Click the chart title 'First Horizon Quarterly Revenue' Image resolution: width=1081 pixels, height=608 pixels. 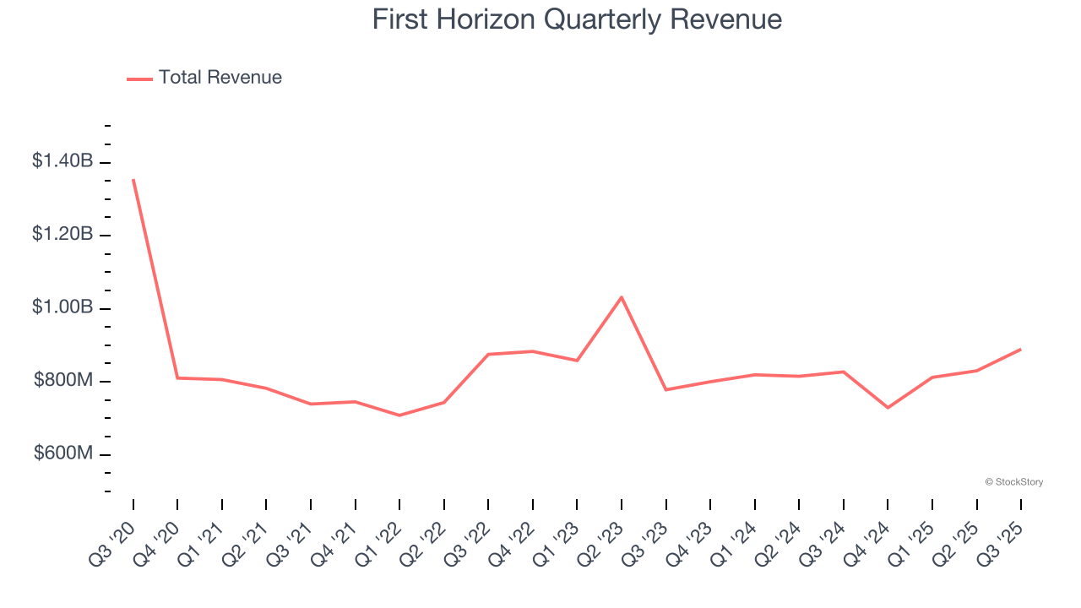(577, 19)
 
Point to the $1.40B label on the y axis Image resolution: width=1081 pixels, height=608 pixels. (62, 160)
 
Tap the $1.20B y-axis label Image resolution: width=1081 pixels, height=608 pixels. (62, 234)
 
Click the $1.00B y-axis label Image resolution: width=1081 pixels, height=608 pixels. (62, 307)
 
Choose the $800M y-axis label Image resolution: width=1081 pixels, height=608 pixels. (63, 381)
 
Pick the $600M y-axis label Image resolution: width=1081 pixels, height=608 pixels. (63, 453)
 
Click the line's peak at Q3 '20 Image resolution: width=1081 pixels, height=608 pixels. (133, 180)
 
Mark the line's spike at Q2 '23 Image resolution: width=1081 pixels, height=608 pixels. (622, 297)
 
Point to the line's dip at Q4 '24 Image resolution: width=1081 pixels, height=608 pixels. (888, 408)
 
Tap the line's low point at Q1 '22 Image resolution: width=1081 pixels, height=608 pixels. (399, 415)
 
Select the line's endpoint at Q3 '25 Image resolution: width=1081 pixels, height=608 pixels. (1020, 350)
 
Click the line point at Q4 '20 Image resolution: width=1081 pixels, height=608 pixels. (177, 377)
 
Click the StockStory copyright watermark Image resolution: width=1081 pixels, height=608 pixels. (1013, 482)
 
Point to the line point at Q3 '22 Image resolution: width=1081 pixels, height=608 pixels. (488, 354)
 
